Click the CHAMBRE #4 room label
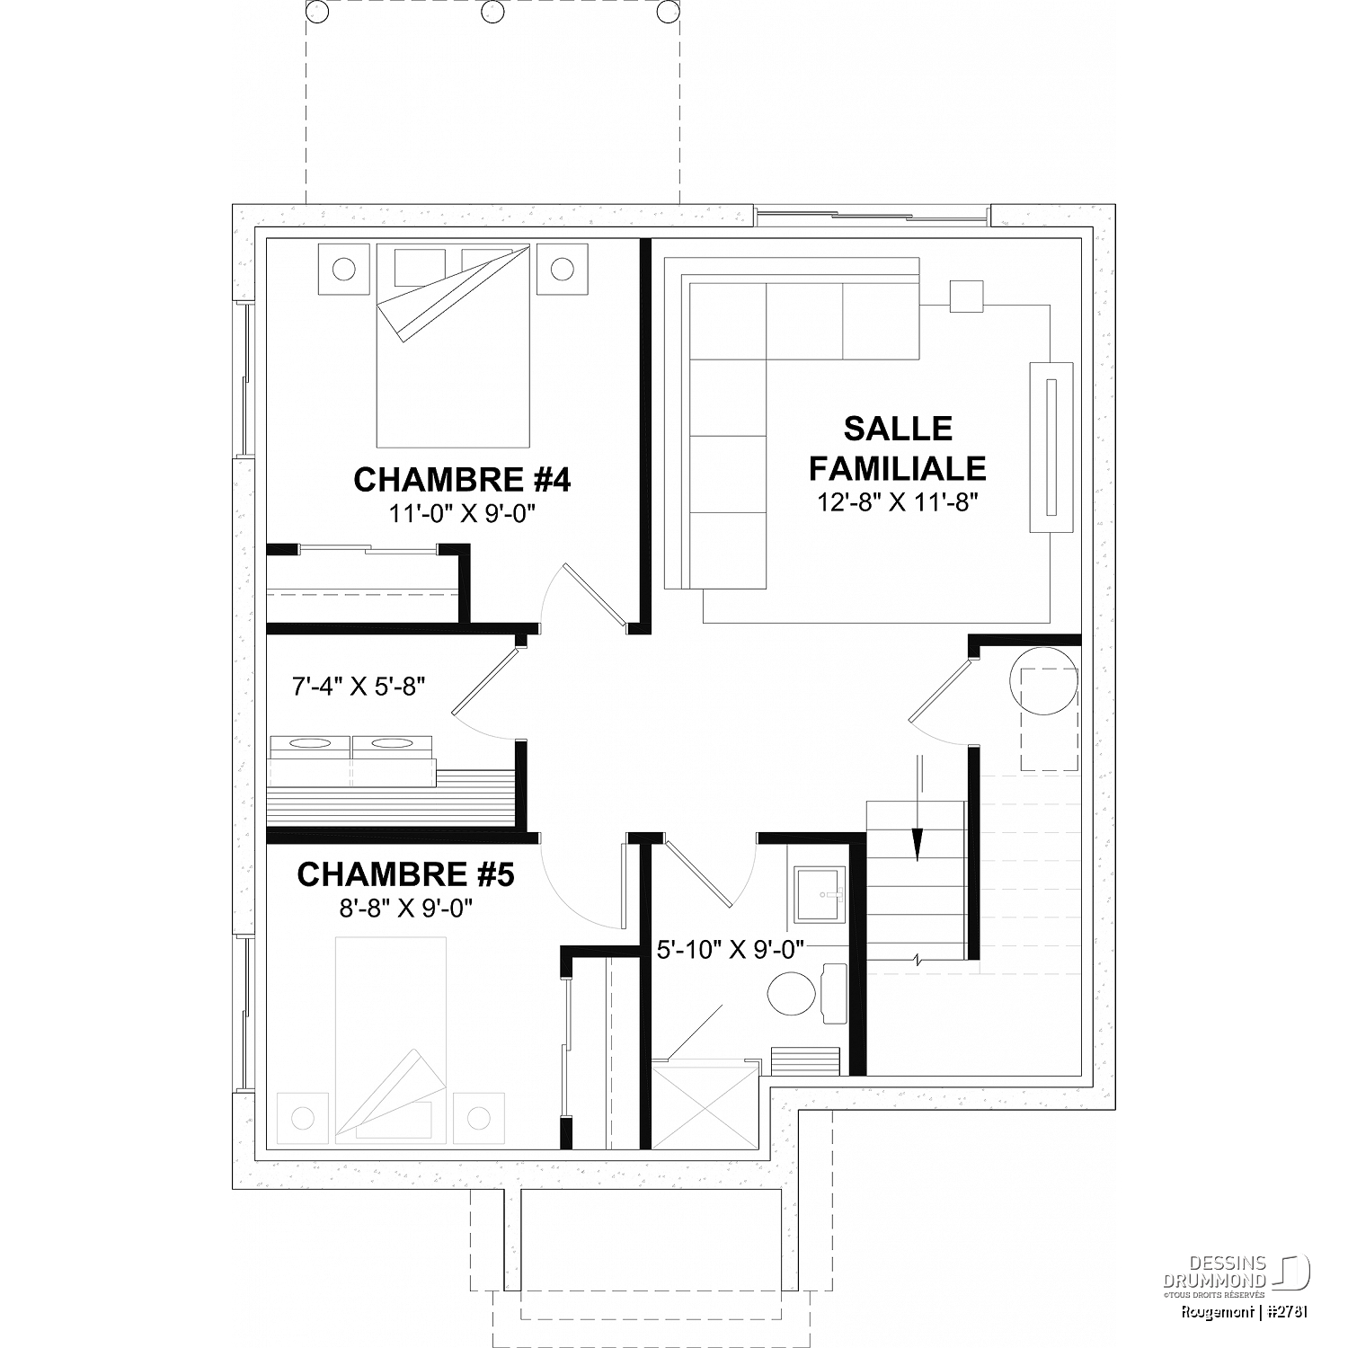462,480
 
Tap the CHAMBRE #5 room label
405,874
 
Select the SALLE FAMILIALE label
898,448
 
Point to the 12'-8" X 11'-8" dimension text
898,501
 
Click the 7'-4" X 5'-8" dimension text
359,687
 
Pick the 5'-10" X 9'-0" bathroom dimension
730,949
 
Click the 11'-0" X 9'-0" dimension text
462,513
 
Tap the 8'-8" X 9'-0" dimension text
406,908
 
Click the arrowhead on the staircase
917,844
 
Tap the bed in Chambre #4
453,345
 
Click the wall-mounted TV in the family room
1051,448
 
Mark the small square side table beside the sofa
967,297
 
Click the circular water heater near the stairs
1044,680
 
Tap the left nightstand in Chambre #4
343,268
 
